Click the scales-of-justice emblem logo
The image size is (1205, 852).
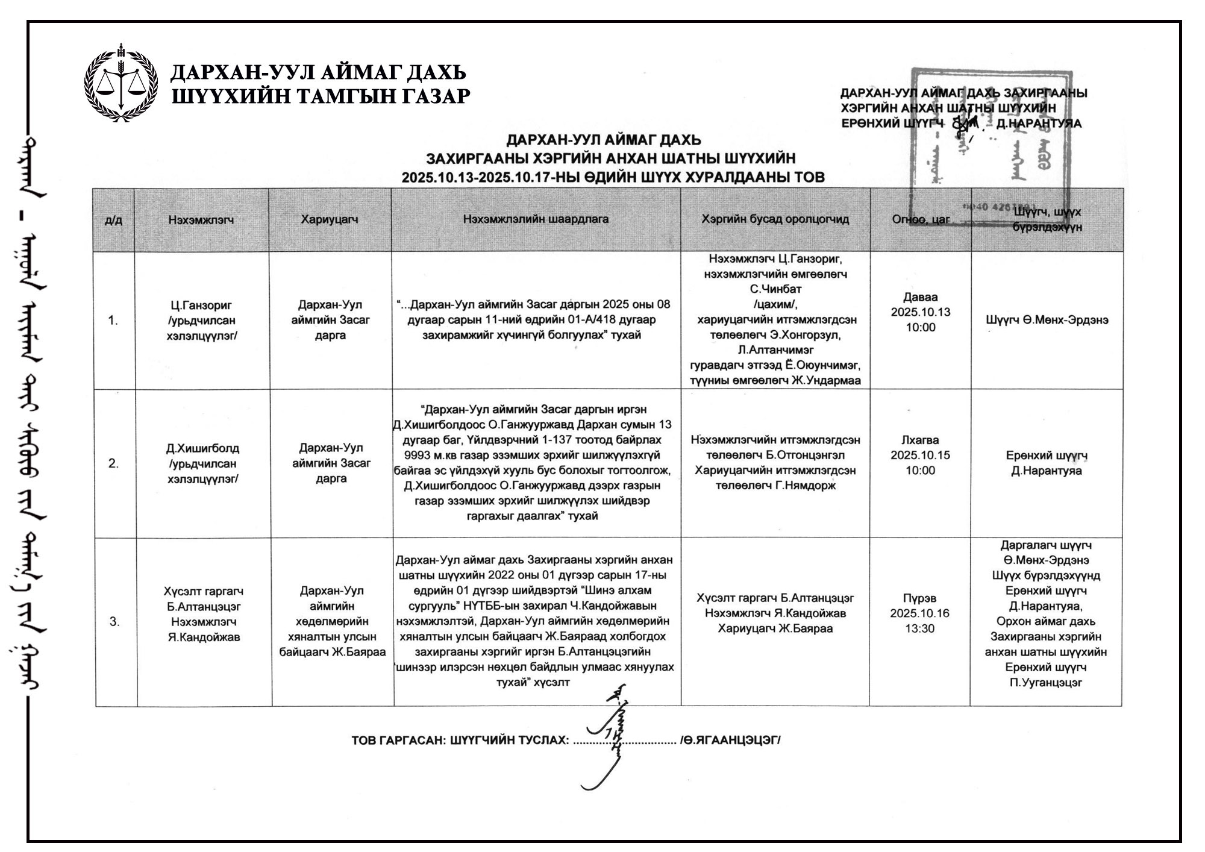(121, 83)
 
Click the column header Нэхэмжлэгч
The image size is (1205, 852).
(201, 220)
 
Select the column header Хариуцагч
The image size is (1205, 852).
(330, 219)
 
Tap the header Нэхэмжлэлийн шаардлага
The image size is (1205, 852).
(536, 219)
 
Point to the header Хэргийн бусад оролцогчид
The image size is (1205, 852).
(775, 219)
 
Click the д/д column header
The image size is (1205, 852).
(113, 220)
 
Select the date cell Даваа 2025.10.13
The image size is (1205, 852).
(920, 312)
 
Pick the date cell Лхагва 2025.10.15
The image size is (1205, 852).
(920, 455)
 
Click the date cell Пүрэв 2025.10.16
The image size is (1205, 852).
(919, 613)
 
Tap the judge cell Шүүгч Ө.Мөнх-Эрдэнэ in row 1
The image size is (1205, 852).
(1047, 320)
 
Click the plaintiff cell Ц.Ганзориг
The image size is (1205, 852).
(201, 320)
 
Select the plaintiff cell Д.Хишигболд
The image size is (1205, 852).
(202, 463)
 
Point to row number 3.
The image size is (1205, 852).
(114, 621)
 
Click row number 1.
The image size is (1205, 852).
(113, 320)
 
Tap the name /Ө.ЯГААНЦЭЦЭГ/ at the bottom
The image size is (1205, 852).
(730, 741)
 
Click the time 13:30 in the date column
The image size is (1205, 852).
(919, 629)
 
